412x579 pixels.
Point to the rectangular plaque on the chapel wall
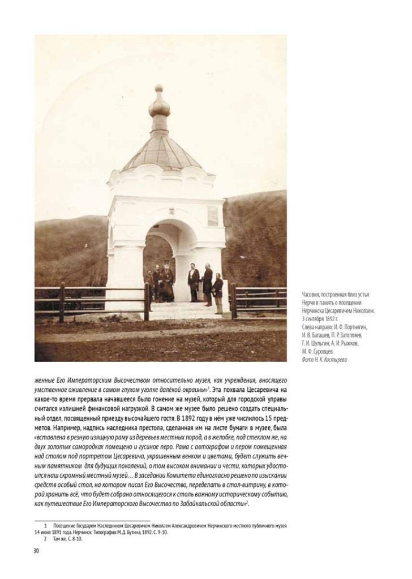point(213,215)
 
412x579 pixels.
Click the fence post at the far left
point(62,302)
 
